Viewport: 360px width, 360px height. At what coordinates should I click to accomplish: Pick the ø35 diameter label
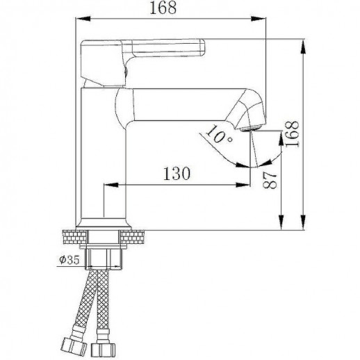71,261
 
